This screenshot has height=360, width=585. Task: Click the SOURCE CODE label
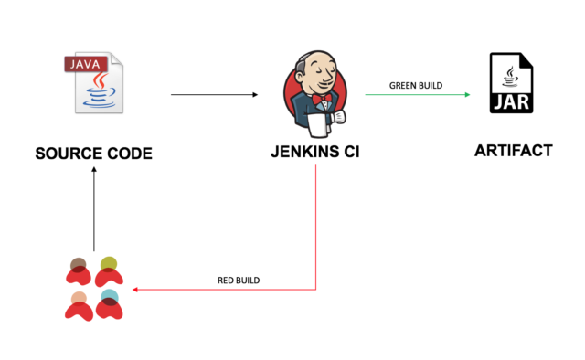point(93,154)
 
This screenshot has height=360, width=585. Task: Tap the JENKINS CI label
point(315,152)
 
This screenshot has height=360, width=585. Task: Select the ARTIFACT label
point(513,151)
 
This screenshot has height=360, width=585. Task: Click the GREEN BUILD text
point(416,86)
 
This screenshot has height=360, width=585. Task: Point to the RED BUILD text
point(239,279)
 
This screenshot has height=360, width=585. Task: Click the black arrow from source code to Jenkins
point(215,94)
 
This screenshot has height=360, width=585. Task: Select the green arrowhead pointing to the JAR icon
point(466,94)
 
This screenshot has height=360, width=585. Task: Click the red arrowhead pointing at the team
point(135,290)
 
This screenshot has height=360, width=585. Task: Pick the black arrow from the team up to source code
point(93,210)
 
